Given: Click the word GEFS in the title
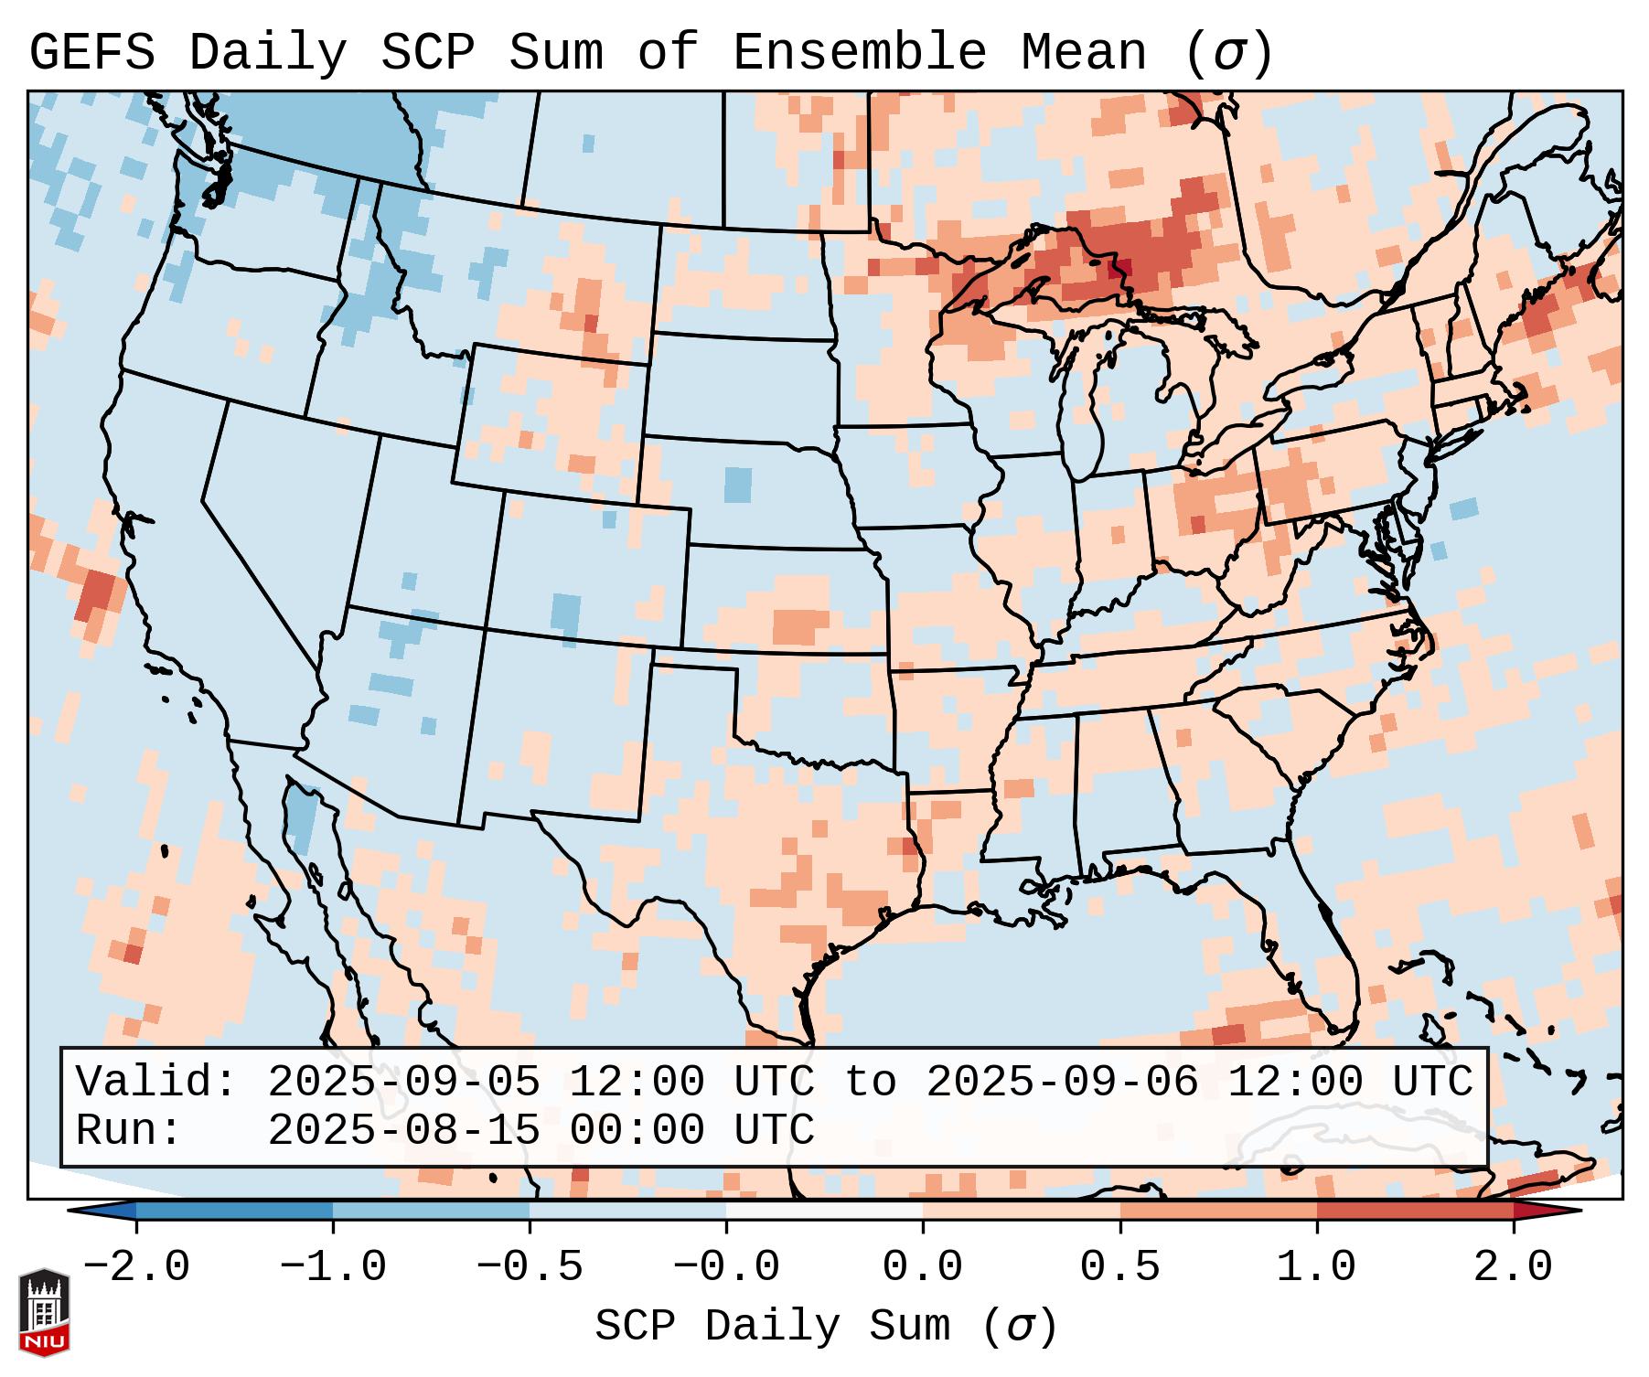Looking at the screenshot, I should pos(91,53).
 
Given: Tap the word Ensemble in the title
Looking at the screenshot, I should pos(860,53).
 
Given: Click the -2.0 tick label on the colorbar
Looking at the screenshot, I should pos(136,1267).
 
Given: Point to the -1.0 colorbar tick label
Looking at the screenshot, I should pos(333,1267).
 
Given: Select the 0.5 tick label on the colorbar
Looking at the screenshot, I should pos(1119,1267).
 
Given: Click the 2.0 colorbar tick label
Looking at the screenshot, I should pos(1513,1267).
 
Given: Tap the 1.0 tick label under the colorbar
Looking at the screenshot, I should pos(1316,1267).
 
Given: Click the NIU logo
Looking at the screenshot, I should pos(44,1312).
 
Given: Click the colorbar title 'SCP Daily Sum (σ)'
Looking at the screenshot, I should pos(825,1327).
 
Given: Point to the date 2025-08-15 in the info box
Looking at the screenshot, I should pos(402,1131).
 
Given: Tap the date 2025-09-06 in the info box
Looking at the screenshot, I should pos(1062,1083).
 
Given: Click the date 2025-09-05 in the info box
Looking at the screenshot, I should pos(402,1083).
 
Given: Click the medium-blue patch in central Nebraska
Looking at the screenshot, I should pos(737,485).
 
